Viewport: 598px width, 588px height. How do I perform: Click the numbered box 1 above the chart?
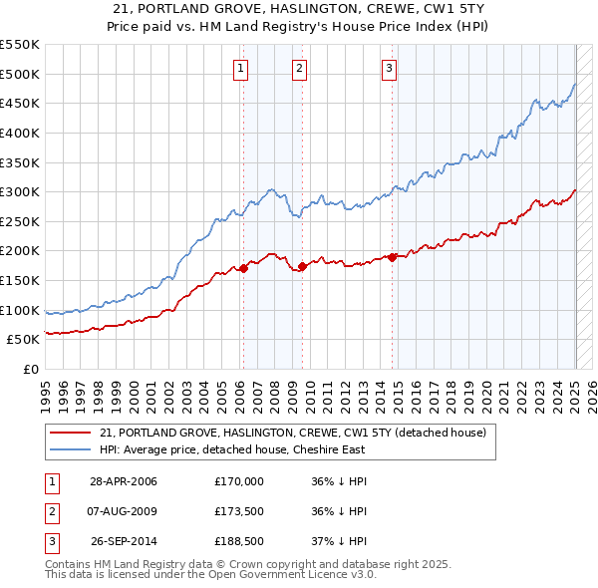242,69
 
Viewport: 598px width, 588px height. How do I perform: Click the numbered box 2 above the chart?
299,69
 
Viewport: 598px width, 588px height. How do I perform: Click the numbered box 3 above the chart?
389,69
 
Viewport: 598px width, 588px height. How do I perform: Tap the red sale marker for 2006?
243,268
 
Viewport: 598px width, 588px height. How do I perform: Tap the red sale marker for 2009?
302,266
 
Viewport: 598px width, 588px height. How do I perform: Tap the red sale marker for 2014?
393,257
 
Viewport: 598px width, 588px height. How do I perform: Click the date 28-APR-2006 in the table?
124,481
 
